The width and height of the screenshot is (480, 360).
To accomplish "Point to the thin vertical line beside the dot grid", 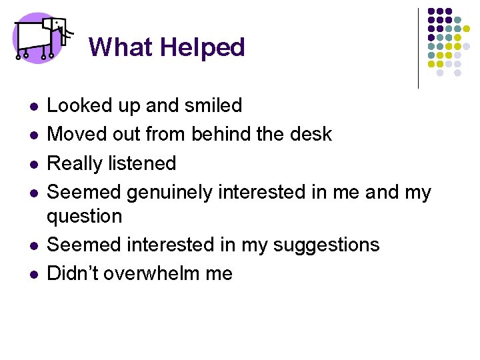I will click(418, 48).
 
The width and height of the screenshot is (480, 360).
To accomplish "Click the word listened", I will click(145, 163).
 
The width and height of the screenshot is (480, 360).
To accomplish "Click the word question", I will click(85, 216).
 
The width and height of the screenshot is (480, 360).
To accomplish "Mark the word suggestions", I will click(327, 245).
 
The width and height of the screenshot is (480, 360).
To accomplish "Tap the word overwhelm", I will click(157, 273).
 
